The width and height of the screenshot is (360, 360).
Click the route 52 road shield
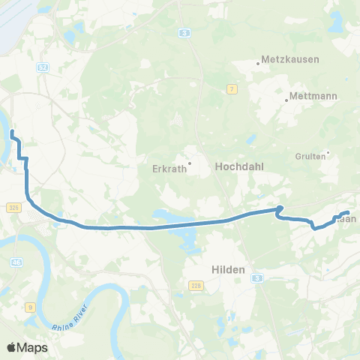tap(43, 67)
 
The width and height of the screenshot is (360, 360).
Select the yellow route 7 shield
tap(233, 89)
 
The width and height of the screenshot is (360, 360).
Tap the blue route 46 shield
tap(16, 262)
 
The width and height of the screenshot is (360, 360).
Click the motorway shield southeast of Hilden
tap(257, 277)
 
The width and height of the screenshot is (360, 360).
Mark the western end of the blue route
tap(12, 133)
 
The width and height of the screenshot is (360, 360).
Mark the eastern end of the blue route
tap(349, 213)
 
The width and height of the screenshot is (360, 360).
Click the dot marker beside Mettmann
tap(287, 100)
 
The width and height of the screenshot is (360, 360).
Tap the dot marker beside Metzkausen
tap(259, 63)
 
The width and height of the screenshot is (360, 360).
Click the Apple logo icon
tap(12, 347)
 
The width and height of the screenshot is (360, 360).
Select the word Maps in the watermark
tap(34, 347)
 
